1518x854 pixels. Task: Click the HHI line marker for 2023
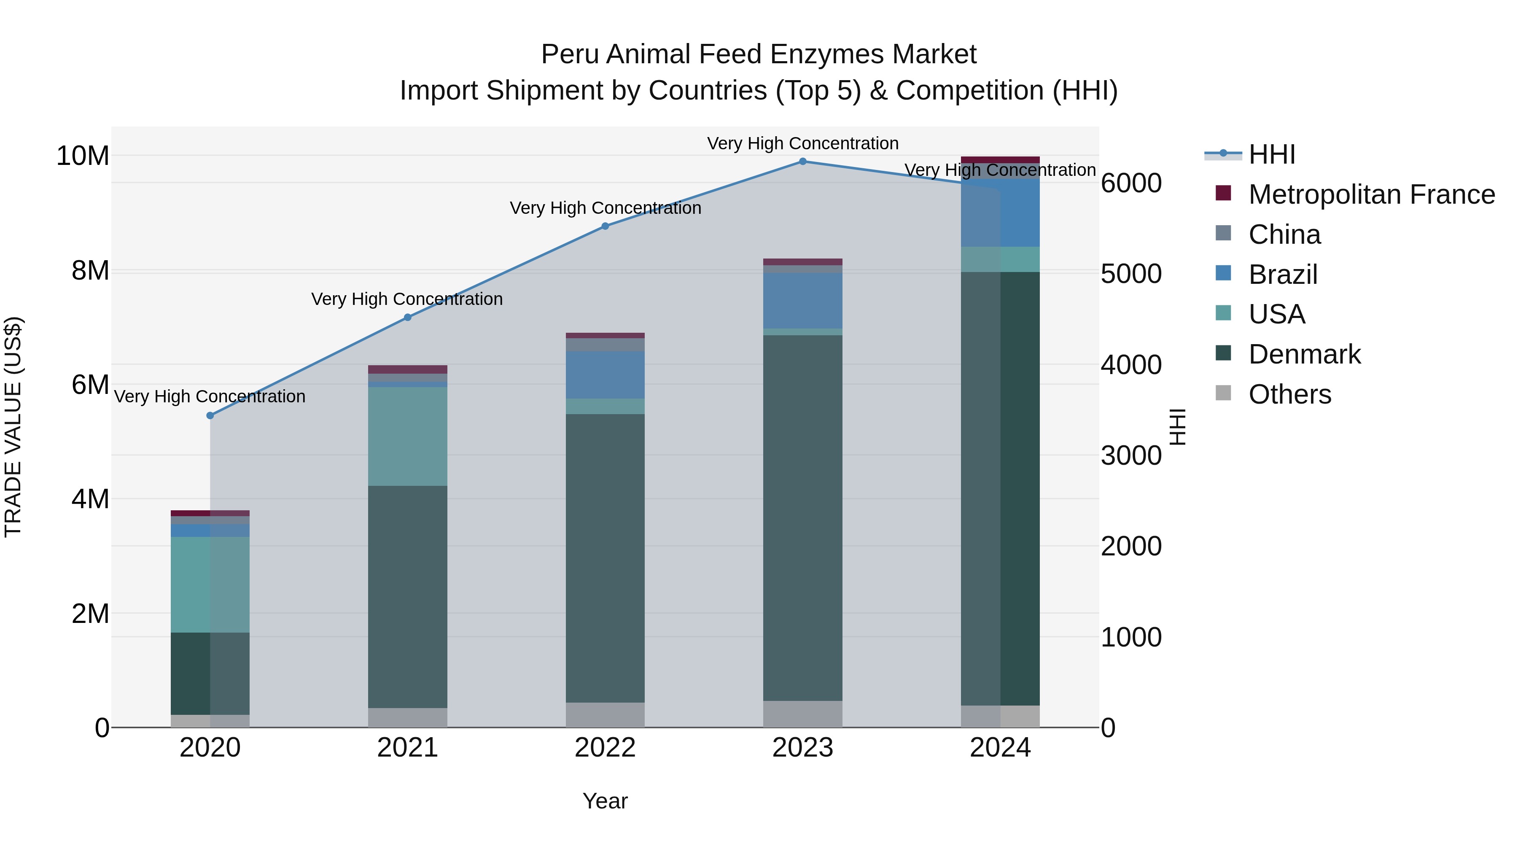802,162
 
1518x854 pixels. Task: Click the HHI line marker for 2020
210,415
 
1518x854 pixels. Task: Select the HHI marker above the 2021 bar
408,318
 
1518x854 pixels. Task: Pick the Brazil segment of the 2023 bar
802,301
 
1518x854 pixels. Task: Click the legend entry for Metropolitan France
1371,194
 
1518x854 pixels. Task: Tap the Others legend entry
1289,394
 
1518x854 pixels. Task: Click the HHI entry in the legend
1272,154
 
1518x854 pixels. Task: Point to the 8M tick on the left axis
90,270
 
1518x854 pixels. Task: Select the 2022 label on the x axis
605,748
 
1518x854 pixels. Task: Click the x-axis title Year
605,801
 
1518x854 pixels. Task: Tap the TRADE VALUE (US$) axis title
13,427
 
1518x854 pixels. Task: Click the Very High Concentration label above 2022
605,208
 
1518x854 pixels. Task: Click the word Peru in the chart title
571,54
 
